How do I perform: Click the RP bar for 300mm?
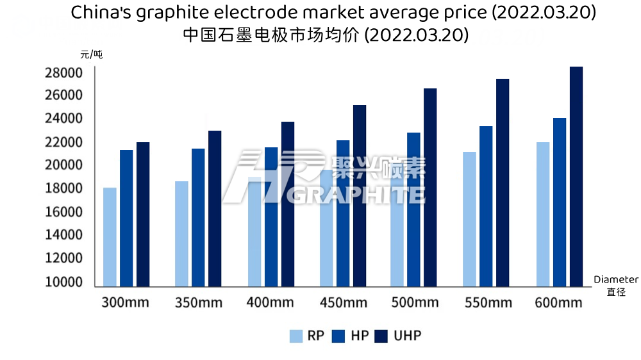pyautogui.click(x=110, y=237)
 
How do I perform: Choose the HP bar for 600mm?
pyautogui.click(x=560, y=202)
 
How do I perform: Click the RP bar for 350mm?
pyautogui.click(x=181, y=234)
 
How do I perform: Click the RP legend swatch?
pyautogui.click(x=296, y=336)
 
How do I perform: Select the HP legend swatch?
pyautogui.click(x=339, y=336)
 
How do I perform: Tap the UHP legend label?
pyautogui.click(x=408, y=336)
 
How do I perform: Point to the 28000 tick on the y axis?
pyautogui.click(x=63, y=73)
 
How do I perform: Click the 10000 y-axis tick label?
pyautogui.click(x=63, y=282)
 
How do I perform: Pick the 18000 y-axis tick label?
pyautogui.click(x=63, y=189)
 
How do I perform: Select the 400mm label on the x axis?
pyautogui.click(x=270, y=302)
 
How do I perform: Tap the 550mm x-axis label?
pyautogui.click(x=485, y=302)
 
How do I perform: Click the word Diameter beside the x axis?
pyautogui.click(x=615, y=280)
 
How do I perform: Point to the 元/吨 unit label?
pyautogui.click(x=91, y=54)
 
